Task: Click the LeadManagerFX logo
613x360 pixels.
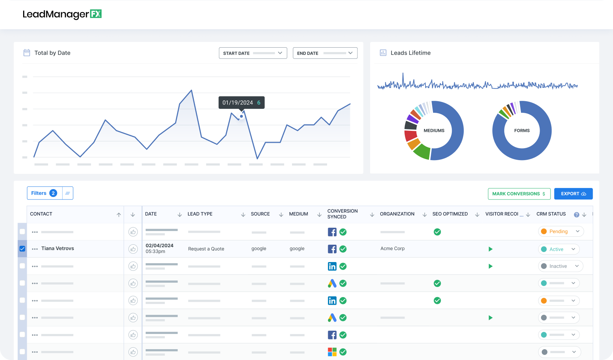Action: [x=62, y=14]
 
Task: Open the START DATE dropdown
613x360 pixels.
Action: [x=253, y=53]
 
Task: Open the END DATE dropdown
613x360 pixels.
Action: [x=325, y=53]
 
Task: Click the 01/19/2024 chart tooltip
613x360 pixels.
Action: [x=241, y=103]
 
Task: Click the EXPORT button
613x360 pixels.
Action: [x=573, y=194]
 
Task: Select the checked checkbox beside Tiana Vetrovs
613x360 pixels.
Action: [x=22, y=249]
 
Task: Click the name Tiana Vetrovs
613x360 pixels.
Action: [x=57, y=248]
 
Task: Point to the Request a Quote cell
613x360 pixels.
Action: [x=206, y=249]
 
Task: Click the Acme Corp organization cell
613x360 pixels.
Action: [x=392, y=249]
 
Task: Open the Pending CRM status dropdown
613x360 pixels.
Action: [x=561, y=232]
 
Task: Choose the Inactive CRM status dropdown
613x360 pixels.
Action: [x=560, y=266]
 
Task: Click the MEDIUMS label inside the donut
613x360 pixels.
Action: [x=434, y=130]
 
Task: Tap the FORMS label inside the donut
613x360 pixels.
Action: [x=522, y=130]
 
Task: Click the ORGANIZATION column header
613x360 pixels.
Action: [x=397, y=214]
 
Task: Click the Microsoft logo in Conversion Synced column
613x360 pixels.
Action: [x=332, y=352]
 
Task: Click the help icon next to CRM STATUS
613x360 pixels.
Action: [x=576, y=215]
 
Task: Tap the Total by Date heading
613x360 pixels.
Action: [x=52, y=53]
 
